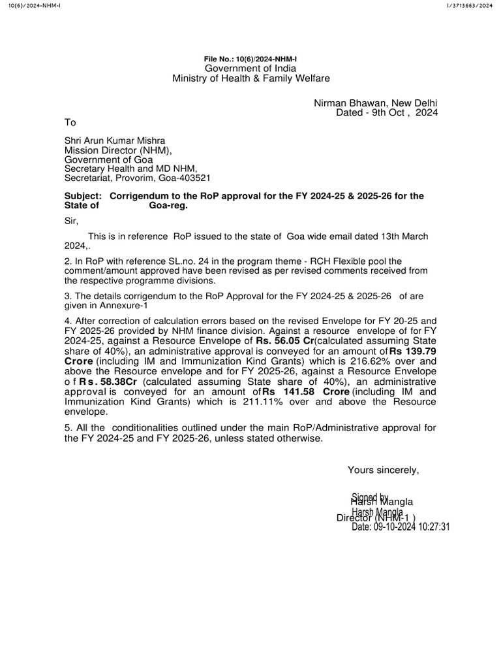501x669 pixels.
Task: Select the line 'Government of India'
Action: click(250, 69)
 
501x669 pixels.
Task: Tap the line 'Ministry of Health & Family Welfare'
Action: click(250, 78)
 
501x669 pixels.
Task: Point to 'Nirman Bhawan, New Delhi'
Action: click(375, 103)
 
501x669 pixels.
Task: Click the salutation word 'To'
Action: click(70, 122)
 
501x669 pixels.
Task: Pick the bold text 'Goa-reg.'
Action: click(168, 205)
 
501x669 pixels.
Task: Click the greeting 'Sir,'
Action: click(71, 221)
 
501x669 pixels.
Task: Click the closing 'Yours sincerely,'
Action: click(383, 470)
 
